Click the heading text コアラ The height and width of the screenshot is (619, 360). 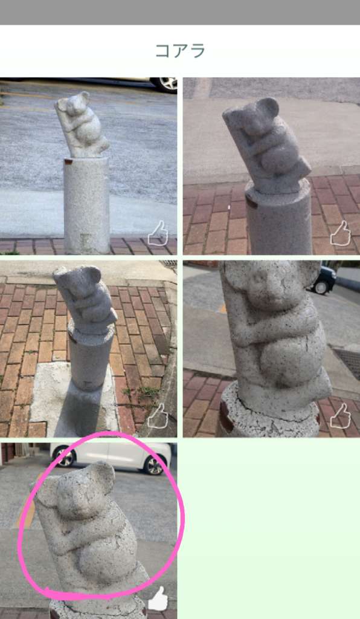(x=180, y=51)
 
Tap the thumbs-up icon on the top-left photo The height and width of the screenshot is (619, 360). (x=158, y=233)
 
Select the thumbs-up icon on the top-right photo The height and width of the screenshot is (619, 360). (x=340, y=233)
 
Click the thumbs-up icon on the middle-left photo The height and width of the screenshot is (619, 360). (x=158, y=415)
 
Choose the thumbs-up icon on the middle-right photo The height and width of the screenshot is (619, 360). (x=340, y=415)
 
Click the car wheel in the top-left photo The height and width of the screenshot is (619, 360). (x=166, y=84)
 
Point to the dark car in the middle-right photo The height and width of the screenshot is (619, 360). (x=323, y=279)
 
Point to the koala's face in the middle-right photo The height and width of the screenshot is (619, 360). (x=262, y=284)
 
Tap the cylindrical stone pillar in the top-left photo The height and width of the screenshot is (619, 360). (x=87, y=206)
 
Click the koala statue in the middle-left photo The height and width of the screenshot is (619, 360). (x=84, y=298)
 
